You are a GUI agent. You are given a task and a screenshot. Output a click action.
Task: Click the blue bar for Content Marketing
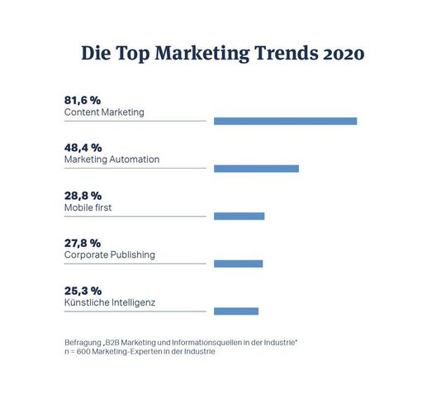pos(285,121)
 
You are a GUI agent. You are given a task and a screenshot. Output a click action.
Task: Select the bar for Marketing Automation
pos(256,169)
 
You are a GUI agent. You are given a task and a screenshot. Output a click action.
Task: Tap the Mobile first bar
pos(239,216)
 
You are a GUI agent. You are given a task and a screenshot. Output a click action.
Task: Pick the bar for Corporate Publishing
pos(238,263)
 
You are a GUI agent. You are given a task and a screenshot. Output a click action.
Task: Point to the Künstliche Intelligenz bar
pos(235,311)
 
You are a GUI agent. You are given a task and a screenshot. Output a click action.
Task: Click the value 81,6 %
pos(83,100)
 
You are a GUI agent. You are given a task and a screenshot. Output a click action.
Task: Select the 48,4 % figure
pos(83,147)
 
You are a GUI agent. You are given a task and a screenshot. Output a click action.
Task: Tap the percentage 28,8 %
pos(83,196)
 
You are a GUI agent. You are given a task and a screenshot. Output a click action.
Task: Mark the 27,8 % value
pos(83,243)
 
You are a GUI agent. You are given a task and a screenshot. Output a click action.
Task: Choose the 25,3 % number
pos(83,291)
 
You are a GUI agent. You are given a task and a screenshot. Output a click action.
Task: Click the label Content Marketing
pos(103,112)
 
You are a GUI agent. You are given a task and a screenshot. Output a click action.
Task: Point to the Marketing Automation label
pos(111,159)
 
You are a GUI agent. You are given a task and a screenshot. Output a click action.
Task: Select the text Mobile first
pos(88,207)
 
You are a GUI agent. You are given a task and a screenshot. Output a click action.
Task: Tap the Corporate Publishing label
pos(109,255)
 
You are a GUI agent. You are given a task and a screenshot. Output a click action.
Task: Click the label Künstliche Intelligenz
pos(109,302)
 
